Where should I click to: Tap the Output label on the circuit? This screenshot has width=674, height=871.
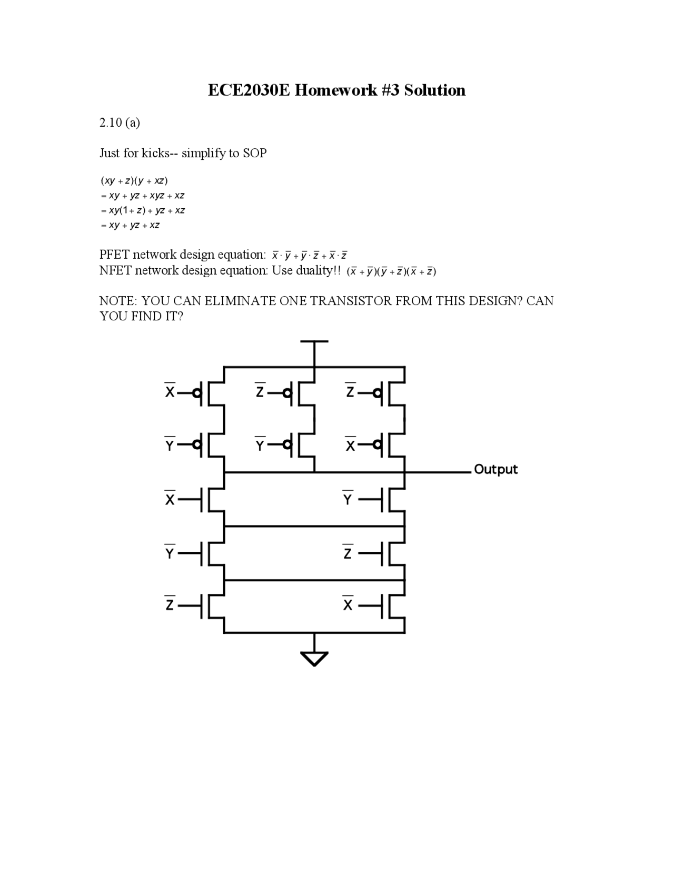pos(495,469)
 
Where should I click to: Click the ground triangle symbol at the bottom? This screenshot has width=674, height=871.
pos(314,658)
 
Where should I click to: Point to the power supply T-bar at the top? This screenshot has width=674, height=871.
pos(314,342)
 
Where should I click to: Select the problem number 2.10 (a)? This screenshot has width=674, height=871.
pos(120,123)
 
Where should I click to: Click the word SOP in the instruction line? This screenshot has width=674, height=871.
pos(254,153)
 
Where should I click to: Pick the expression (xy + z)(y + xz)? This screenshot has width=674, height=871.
pos(134,181)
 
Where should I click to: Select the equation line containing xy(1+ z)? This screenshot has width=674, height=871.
pos(142,210)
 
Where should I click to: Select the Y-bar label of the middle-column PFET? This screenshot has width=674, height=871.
pos(260,444)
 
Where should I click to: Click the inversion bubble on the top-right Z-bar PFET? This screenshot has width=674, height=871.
pos(377,393)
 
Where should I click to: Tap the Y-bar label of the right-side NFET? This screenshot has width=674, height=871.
pos(348,498)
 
